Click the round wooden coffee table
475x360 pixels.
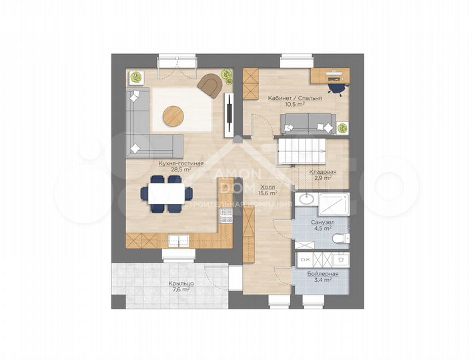(173, 117)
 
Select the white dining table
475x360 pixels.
(165, 193)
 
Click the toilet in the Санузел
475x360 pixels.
(339, 238)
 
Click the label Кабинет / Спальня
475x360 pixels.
(295, 98)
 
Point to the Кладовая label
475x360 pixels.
(322, 171)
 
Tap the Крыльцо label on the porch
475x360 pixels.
(181, 283)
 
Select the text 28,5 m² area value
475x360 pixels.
(180, 170)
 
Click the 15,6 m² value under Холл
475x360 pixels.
(268, 193)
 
